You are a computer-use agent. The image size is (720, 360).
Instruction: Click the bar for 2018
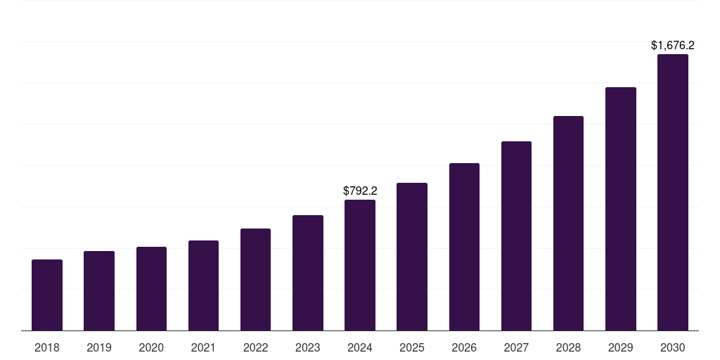coord(47,295)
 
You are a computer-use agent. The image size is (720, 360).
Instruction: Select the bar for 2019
coord(99,291)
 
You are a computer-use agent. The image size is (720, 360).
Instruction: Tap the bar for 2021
coord(203,285)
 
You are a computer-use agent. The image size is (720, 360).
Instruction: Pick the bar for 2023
coord(308,273)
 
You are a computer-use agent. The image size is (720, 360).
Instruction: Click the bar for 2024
coord(360,265)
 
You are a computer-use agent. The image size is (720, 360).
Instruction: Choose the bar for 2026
coord(464,247)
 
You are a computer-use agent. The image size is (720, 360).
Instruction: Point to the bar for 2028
coord(568,224)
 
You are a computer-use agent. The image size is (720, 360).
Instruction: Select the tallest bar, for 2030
coord(673,193)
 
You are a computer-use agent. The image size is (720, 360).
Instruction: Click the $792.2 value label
coord(360,191)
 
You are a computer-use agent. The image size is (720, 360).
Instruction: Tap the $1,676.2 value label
coord(673,45)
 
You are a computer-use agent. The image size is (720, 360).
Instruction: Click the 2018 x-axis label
coord(47,347)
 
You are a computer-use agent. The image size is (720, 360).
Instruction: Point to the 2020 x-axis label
coord(151,347)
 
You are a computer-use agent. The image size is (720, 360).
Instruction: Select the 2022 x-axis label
coord(255,347)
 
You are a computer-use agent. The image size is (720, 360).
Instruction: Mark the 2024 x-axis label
coord(360,347)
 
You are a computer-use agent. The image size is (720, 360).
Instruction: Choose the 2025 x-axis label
coord(412,347)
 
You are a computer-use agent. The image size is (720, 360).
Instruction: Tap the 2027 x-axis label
coord(516,347)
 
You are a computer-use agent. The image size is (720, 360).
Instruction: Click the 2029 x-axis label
coord(621,347)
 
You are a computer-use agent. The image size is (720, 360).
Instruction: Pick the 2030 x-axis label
coord(673,347)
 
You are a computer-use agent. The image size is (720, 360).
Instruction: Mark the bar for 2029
coord(621,209)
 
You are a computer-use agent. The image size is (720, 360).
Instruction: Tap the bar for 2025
coord(412,257)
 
